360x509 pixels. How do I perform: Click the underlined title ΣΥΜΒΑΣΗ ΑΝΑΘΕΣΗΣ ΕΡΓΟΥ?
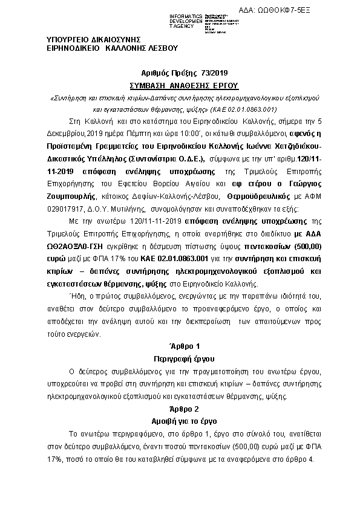pos(180,85)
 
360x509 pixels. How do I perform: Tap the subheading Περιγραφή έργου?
pos(180,358)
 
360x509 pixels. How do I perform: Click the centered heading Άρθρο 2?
pos(180,408)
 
